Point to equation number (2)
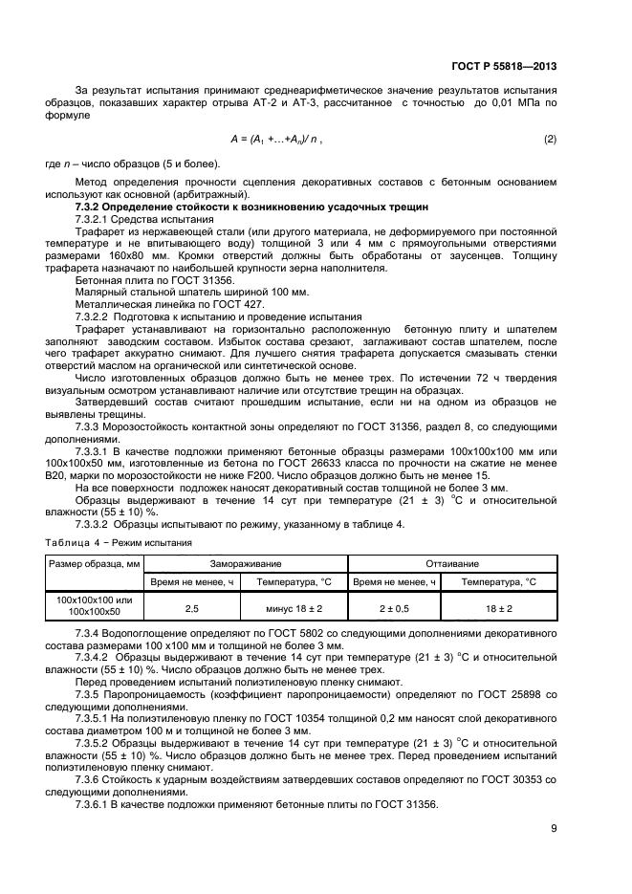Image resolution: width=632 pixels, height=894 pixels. pyautogui.click(x=550, y=140)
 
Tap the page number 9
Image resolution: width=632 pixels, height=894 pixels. pyautogui.click(x=554, y=829)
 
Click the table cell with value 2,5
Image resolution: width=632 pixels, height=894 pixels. pyautogui.click(x=190, y=606)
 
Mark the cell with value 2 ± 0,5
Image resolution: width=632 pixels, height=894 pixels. pyautogui.click(x=393, y=606)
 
